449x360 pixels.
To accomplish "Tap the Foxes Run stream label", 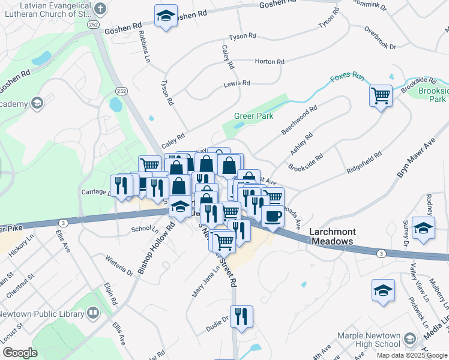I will pyautogui.click(x=348, y=77).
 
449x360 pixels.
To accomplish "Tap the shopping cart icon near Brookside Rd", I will pyautogui.click(x=381, y=95).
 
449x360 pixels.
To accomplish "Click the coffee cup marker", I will pyautogui.click(x=273, y=217).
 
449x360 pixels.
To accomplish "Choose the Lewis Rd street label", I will pyautogui.click(x=236, y=85).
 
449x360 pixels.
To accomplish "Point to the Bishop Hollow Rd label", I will pyautogui.click(x=155, y=248).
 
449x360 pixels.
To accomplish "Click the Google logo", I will pyautogui.click(x=20, y=353).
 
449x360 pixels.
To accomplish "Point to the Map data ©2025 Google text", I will pyautogui.click(x=411, y=355).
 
